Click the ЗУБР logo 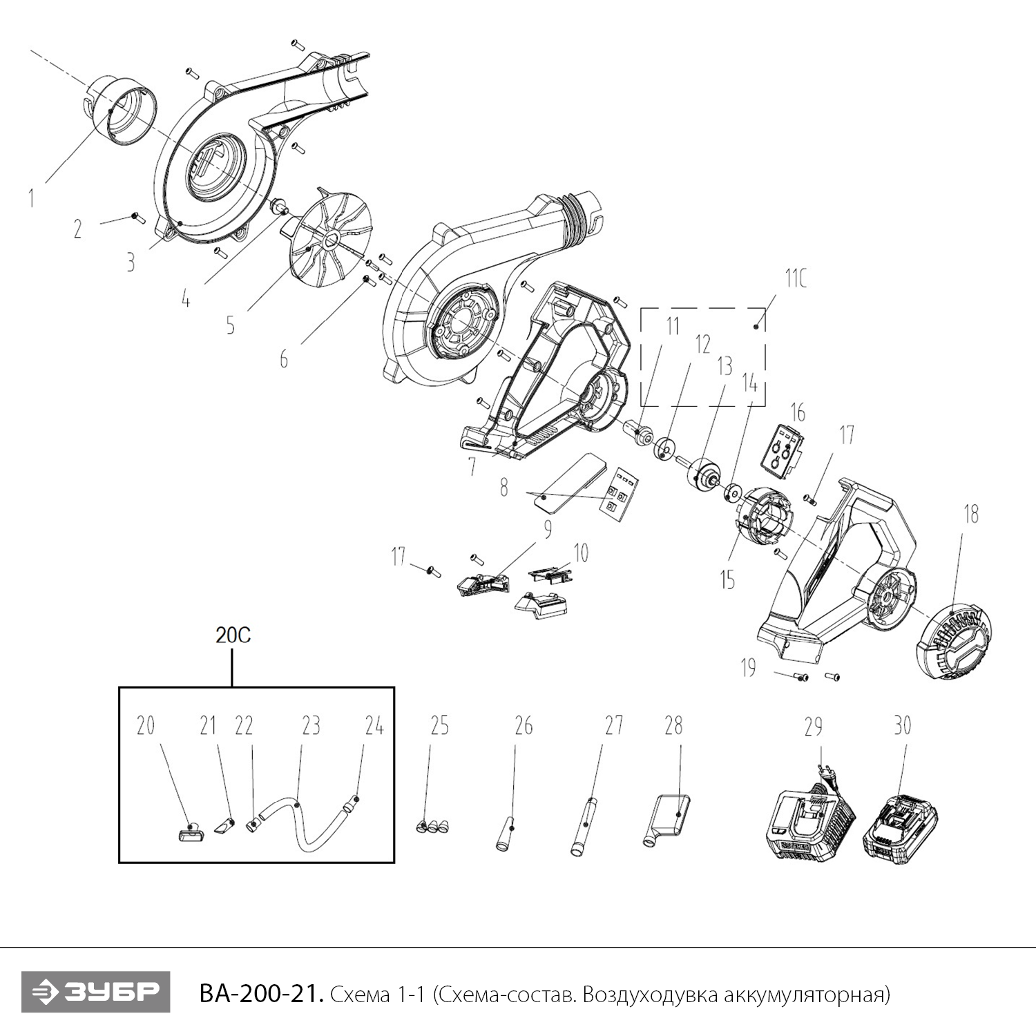pos(95,992)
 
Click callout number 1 pos(31,198)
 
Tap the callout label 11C pos(795,279)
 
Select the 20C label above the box pos(233,635)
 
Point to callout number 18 pos(971,515)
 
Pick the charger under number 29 pos(811,825)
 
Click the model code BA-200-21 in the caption pos(260,994)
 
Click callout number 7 pos(472,467)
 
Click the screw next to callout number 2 pos(135,218)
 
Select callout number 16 pos(798,413)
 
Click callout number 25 pos(439,726)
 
